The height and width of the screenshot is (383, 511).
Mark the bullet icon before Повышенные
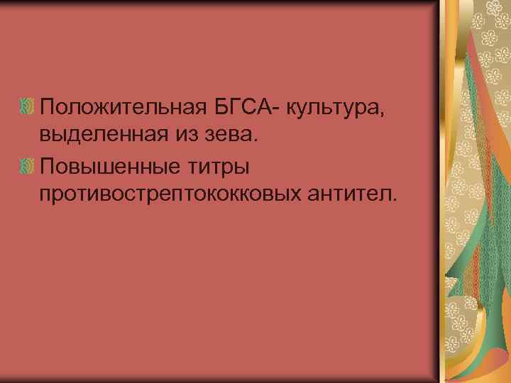(29, 165)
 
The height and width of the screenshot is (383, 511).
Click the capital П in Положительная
(48, 109)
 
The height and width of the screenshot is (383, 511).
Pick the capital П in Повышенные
(48, 164)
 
